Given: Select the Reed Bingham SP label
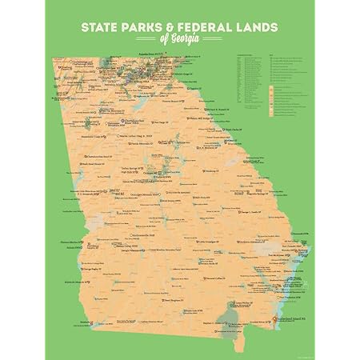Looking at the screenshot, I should click(154, 300).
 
